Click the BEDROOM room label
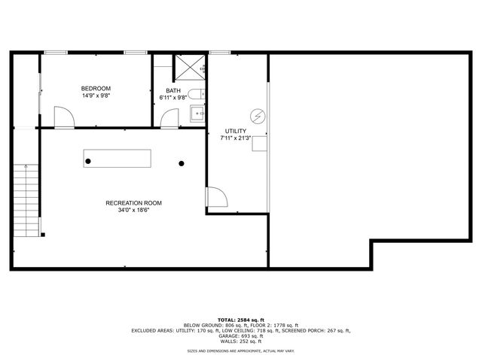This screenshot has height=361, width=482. coord(96,89)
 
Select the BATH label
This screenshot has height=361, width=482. coord(173,90)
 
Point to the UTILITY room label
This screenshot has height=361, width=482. coord(236,131)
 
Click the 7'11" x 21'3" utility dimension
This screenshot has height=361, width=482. coord(236,138)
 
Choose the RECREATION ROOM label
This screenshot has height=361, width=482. coord(133,203)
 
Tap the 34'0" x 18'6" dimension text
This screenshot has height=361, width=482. coord(133,211)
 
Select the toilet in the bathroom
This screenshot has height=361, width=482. coord(195,96)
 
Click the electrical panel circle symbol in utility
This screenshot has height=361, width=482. coord(259,116)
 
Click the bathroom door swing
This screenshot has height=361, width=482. coord(170,118)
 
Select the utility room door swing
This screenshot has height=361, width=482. coord(216,197)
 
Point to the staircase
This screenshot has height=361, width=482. coord(26,201)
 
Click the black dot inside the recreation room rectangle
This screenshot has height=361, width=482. coord(88,162)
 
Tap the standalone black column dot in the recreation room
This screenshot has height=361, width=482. coord(182,162)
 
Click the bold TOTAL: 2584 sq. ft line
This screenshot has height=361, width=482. coord(240,320)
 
